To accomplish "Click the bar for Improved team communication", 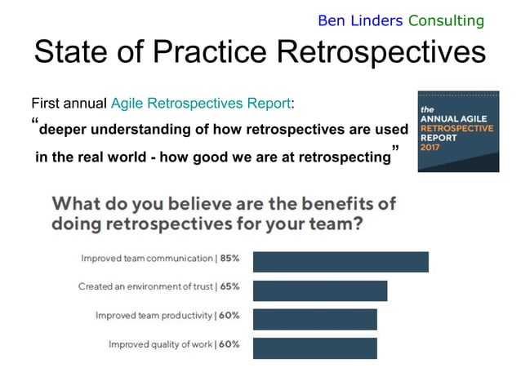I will pos(341,262).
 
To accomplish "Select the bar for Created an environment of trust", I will pos(320,290).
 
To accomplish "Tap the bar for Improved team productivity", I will pos(315,319).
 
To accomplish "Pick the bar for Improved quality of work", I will pos(315,348).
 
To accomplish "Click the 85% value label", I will pos(229,259).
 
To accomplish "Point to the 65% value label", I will pos(229,287).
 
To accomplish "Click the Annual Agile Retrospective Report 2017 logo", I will pos(457,132).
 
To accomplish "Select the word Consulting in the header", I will pos(446,20).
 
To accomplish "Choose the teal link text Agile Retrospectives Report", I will pos(201,104).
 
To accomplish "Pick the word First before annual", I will pos(46,104).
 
